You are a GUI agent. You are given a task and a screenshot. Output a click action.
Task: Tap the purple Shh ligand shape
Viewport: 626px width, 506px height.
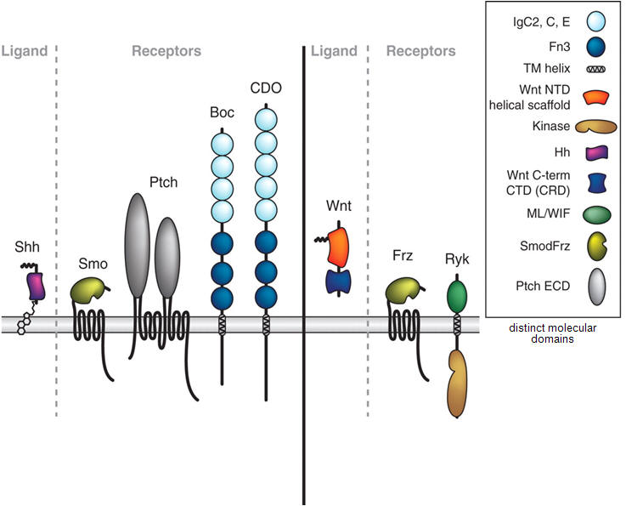click(x=35, y=286)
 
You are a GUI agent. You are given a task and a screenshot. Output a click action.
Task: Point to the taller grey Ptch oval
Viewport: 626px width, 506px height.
click(x=137, y=245)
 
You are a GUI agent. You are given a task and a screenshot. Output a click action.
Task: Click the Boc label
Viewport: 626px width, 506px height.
click(x=222, y=112)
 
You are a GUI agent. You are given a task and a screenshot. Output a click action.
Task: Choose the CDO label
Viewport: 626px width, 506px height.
click(x=267, y=88)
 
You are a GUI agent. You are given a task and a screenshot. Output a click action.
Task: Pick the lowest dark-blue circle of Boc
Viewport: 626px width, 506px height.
click(x=222, y=298)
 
